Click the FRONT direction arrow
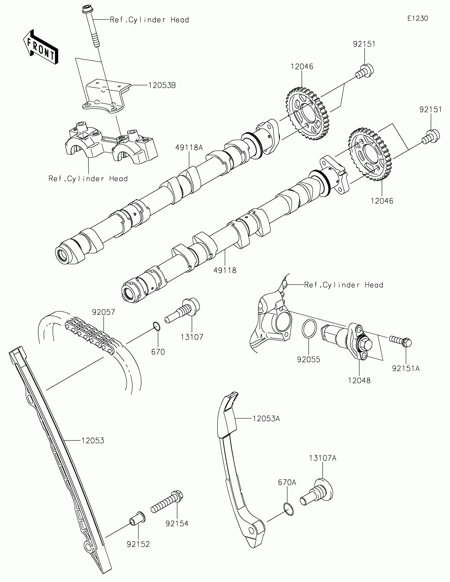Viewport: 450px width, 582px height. [x=41, y=47]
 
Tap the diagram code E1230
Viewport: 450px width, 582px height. [x=417, y=18]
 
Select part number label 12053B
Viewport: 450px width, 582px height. [x=162, y=85]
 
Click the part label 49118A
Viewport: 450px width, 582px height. [x=189, y=147]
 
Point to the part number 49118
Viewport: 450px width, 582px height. [x=225, y=271]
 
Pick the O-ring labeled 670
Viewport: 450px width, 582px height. [x=157, y=326]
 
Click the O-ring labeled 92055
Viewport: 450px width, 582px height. [x=309, y=328]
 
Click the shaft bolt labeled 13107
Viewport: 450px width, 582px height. [x=183, y=310]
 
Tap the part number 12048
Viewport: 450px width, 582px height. [x=359, y=381]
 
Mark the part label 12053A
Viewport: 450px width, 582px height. [x=266, y=419]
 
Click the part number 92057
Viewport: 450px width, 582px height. [x=103, y=312]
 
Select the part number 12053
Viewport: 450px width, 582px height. [x=93, y=441]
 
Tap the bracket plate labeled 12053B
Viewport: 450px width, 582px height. [x=105, y=96]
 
